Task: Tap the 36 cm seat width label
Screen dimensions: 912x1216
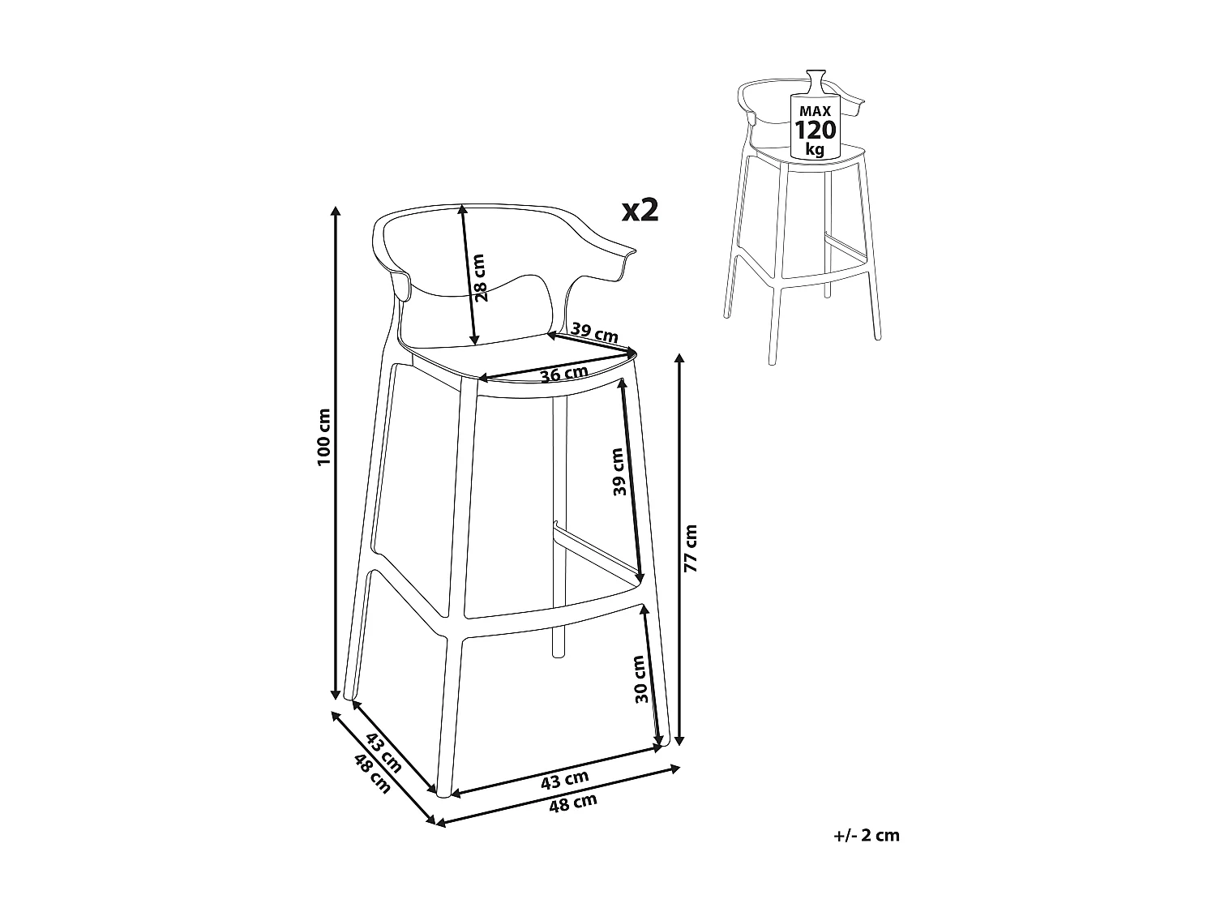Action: [564, 374]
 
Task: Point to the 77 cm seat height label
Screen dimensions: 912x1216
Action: [690, 549]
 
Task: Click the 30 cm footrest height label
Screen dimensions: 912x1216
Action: [640, 679]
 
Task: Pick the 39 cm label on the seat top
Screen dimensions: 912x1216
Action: [594, 332]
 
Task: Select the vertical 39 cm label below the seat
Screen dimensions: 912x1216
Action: [619, 472]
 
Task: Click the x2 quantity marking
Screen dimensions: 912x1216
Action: [640, 211]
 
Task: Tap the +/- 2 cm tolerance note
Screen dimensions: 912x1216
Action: [866, 835]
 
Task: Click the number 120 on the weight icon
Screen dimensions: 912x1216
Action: [816, 130]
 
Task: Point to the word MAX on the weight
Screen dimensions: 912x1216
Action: [816, 109]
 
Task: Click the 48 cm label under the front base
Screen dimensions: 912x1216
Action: [573, 803]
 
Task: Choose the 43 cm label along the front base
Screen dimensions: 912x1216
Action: [564, 779]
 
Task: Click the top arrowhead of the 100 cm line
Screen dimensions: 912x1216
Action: [336, 212]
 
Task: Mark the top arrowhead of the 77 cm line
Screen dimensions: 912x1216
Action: [679, 358]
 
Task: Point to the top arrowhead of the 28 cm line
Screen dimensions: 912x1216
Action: [462, 208]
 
